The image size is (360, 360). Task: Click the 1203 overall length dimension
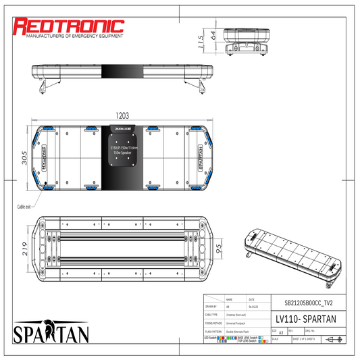point(121,116)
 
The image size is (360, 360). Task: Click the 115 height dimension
point(201,43)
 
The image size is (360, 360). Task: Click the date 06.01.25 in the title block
point(253,306)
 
